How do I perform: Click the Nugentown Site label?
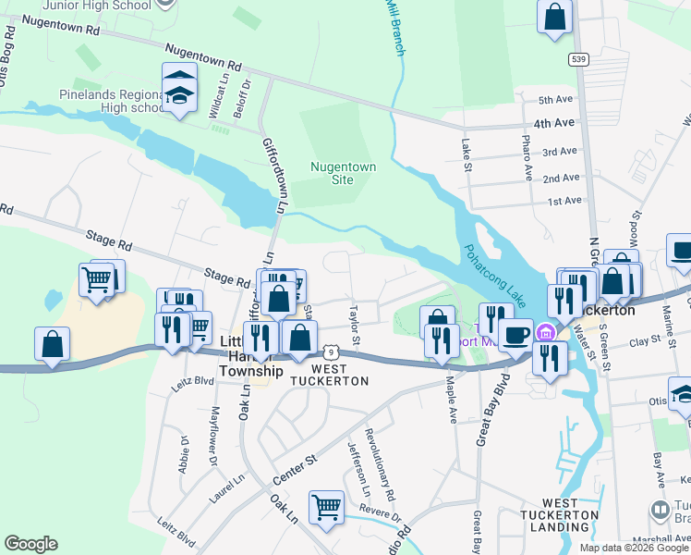[x=331, y=173]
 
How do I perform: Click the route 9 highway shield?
[x=333, y=351]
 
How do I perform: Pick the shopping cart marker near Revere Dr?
[x=326, y=508]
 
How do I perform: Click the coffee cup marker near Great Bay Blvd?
[x=515, y=335]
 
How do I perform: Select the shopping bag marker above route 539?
[x=554, y=17]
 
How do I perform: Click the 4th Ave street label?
[x=554, y=122]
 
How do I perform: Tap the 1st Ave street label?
[x=564, y=201]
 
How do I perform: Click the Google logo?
[x=30, y=544]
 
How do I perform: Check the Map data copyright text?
[x=634, y=548]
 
